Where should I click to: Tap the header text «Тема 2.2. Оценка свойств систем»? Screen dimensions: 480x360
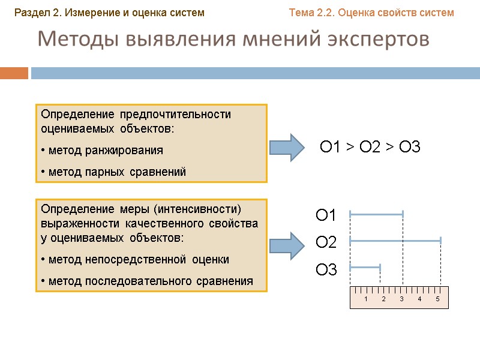coord(371,12)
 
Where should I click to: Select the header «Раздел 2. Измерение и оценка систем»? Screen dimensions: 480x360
coord(110,12)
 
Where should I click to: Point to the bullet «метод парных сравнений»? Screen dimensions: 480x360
coord(113,172)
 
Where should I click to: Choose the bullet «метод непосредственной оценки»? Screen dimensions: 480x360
coord(135,259)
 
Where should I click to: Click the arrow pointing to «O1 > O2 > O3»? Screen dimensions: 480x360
coord(287,147)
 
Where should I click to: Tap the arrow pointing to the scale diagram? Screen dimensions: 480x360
coord(287,245)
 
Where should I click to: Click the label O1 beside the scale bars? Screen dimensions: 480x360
coord(326,215)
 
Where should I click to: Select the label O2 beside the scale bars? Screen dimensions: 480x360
coord(326,242)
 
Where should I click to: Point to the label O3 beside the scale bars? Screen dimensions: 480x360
coord(326,270)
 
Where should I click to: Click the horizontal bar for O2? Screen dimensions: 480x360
coord(395,240)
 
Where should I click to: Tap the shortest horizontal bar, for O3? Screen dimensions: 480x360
coord(365,267)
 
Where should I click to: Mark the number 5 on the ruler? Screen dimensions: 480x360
coord(438,299)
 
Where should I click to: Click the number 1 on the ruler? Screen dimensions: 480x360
coord(365,299)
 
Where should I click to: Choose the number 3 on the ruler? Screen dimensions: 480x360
coord(401,299)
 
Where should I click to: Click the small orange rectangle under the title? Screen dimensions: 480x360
coord(14,73)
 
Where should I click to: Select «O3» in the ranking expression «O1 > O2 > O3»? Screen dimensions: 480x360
coord(408,147)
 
